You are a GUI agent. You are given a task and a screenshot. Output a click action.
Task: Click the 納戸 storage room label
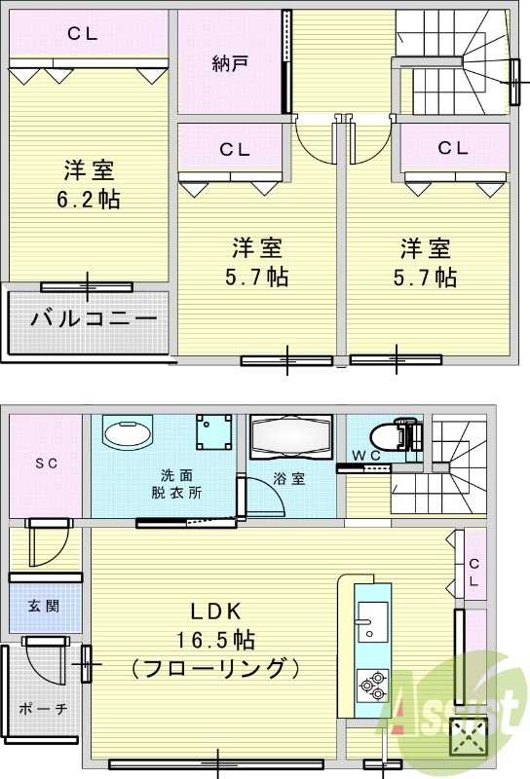[231, 64]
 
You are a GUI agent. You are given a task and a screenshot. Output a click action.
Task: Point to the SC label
[46, 464]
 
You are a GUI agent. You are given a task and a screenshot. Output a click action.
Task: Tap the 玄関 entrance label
[43, 606]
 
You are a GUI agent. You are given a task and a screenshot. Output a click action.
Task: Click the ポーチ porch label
[42, 709]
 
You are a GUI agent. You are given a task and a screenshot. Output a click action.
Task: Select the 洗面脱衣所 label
[181, 483]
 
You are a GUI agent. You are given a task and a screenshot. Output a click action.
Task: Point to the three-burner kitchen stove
[373, 686]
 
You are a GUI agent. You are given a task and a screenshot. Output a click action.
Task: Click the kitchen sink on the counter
[372, 621]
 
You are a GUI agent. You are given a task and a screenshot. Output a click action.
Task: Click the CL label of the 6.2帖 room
[83, 33]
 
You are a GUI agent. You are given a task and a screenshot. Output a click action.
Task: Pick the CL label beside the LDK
[473, 573]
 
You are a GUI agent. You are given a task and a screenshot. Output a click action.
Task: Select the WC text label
[365, 455]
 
